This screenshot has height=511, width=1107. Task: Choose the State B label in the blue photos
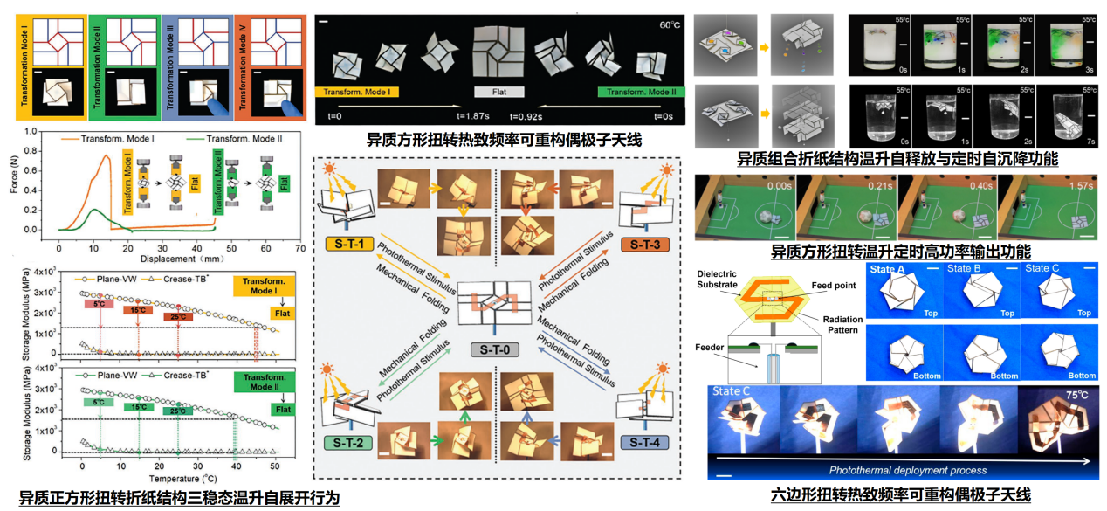(966, 269)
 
